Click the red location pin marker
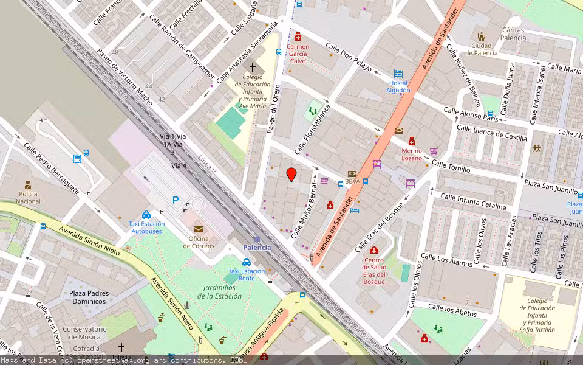tap(291, 175)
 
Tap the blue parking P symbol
tap(176, 200)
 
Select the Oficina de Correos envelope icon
tap(199, 229)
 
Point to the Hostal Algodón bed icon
tap(398, 74)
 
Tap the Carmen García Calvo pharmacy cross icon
tap(298, 36)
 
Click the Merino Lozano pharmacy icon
tap(412, 141)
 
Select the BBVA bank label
tap(352, 181)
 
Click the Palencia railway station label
tap(257, 248)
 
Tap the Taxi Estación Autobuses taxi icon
tap(146, 215)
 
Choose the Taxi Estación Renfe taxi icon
tap(247, 262)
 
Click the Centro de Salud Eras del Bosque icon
tap(373, 251)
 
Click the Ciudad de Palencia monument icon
tap(482, 36)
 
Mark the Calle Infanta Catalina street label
tap(473, 201)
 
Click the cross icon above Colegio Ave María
tap(253, 68)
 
